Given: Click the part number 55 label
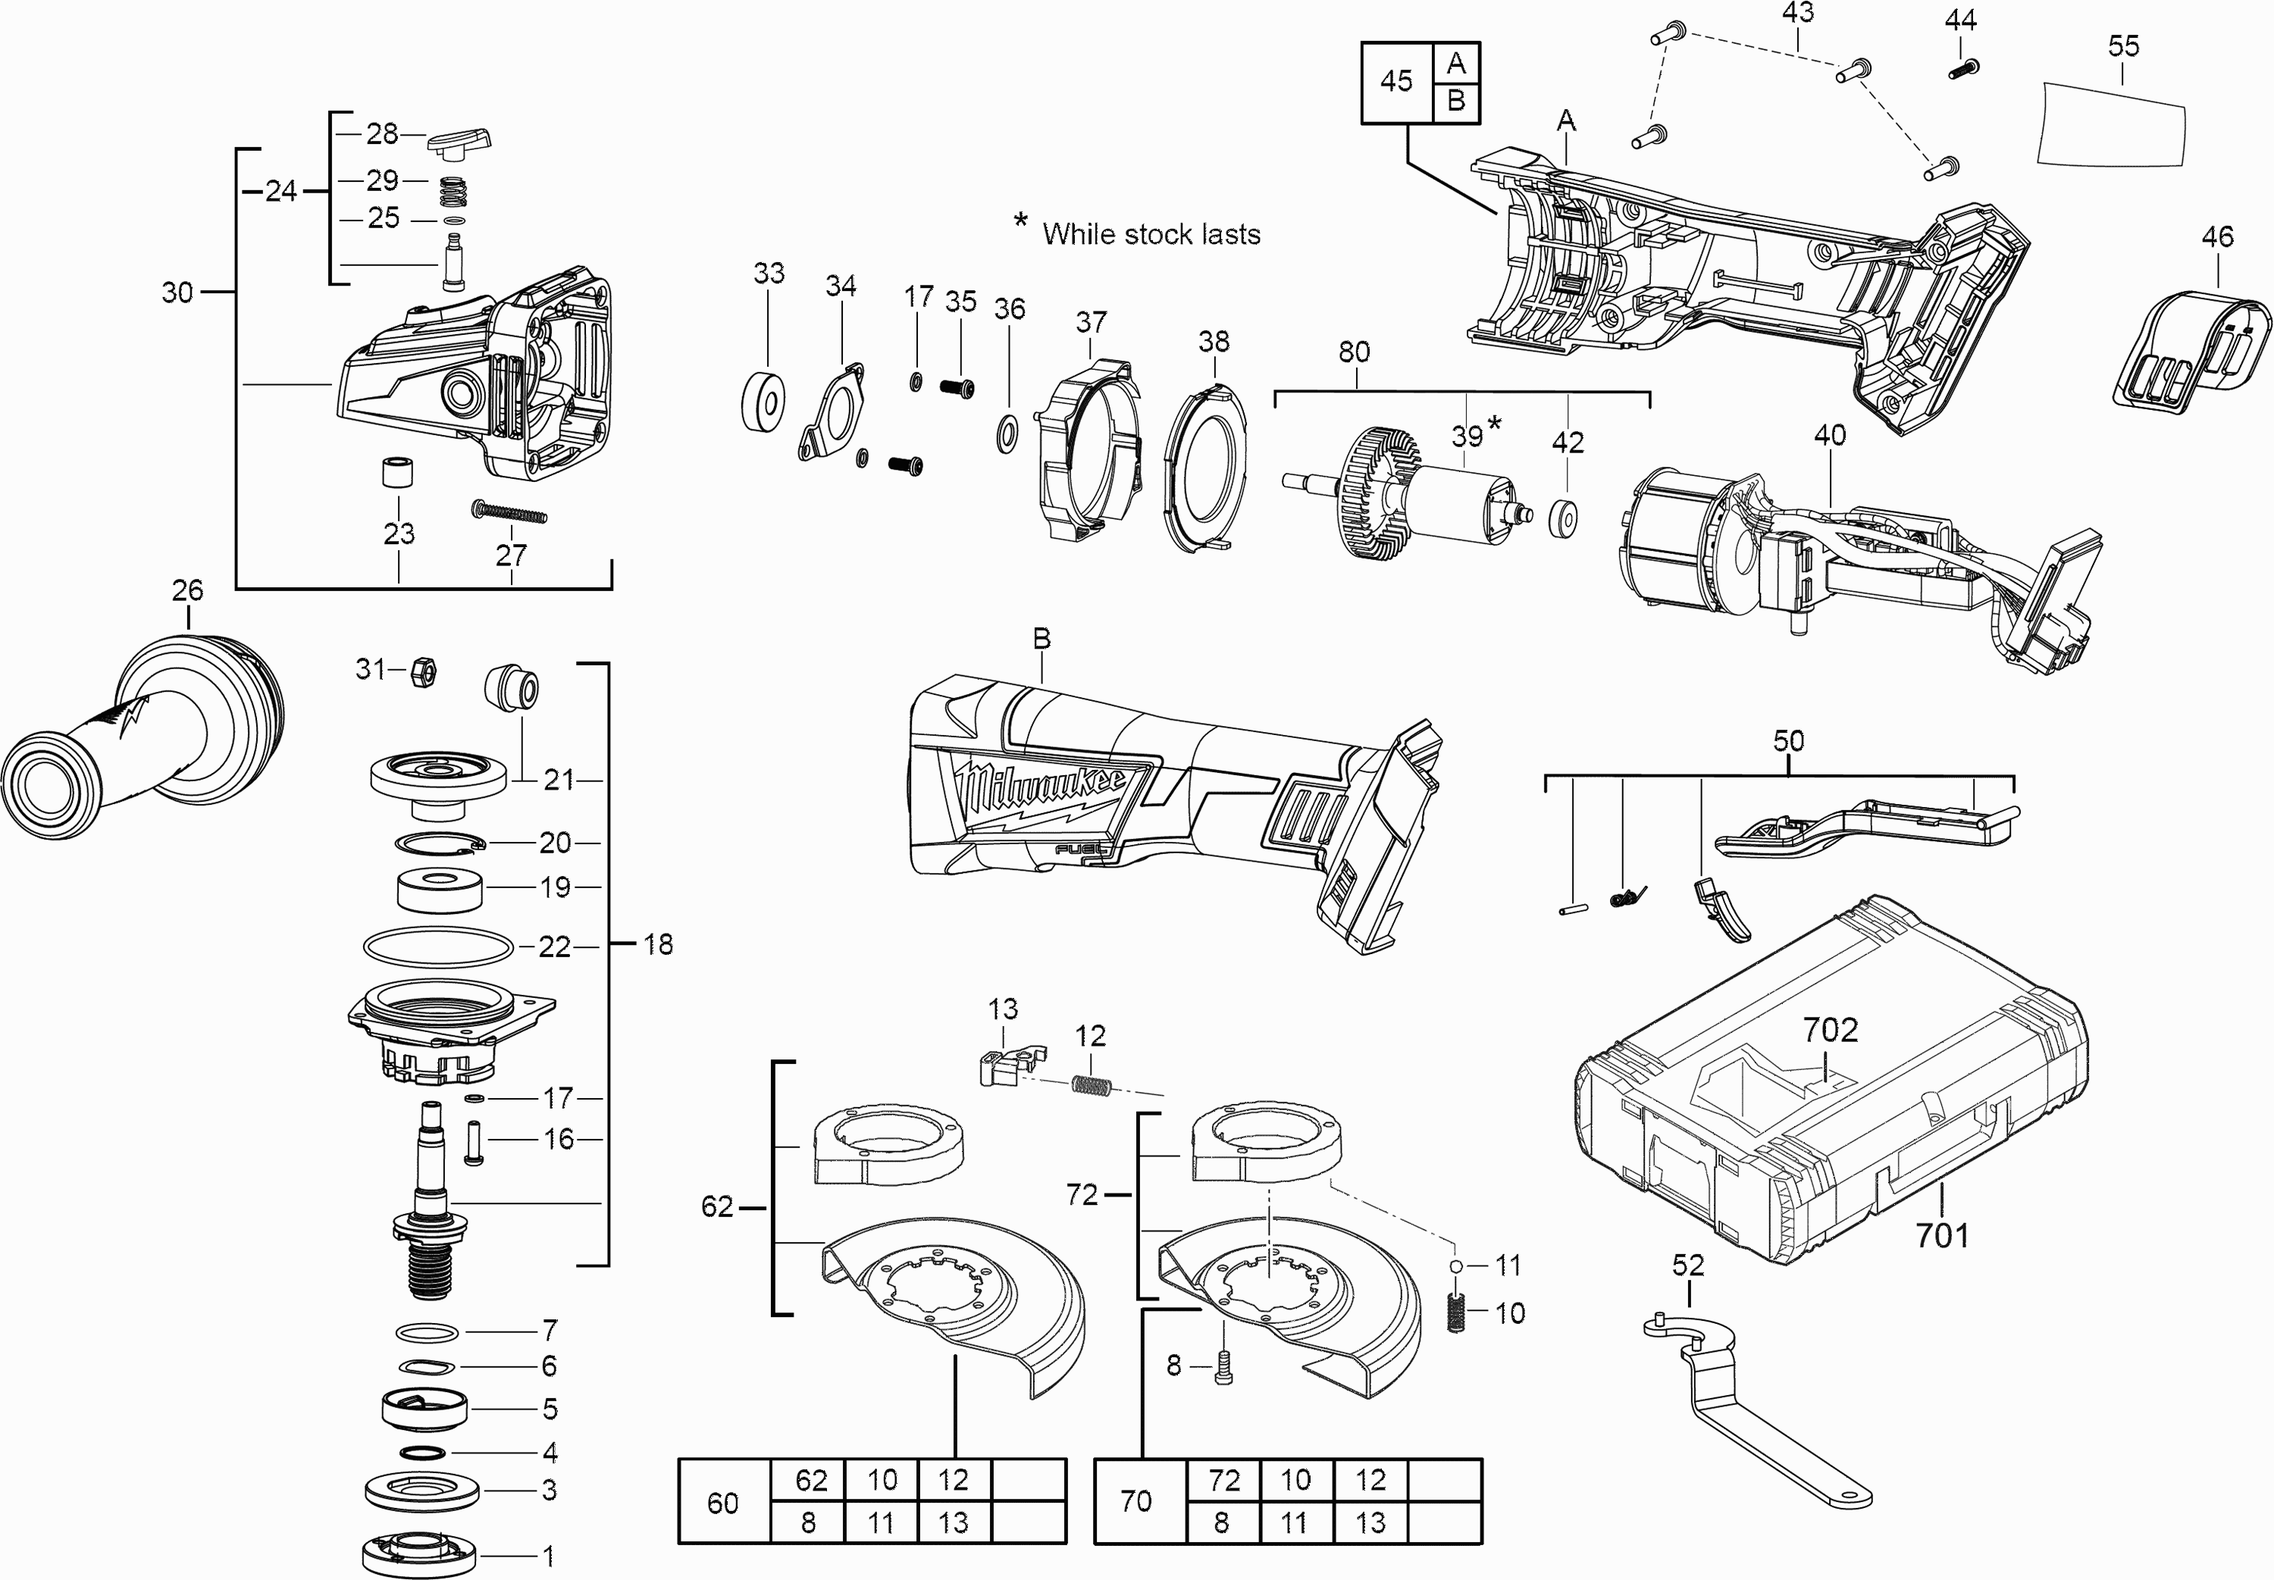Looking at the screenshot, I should [x=2122, y=46].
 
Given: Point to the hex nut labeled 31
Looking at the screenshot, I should [x=424, y=672].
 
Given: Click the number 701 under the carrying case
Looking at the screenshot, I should [x=1941, y=1234].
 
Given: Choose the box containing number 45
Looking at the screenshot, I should [x=1396, y=81].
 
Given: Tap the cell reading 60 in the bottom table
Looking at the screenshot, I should [x=722, y=1503].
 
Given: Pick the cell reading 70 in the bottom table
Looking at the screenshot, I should [x=1136, y=1500].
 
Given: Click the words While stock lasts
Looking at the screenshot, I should [x=1151, y=235].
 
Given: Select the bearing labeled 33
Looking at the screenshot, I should [x=763, y=402].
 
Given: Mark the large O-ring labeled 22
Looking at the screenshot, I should [x=440, y=946].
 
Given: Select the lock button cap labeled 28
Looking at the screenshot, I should [x=459, y=142].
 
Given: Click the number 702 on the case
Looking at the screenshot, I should [x=1830, y=1031].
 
